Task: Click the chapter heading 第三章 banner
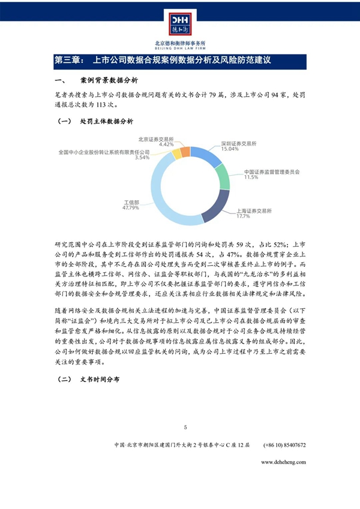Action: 180,61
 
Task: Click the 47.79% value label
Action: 131,208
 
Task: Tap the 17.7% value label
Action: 242,216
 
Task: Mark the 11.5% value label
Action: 251,177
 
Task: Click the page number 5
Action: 185,427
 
